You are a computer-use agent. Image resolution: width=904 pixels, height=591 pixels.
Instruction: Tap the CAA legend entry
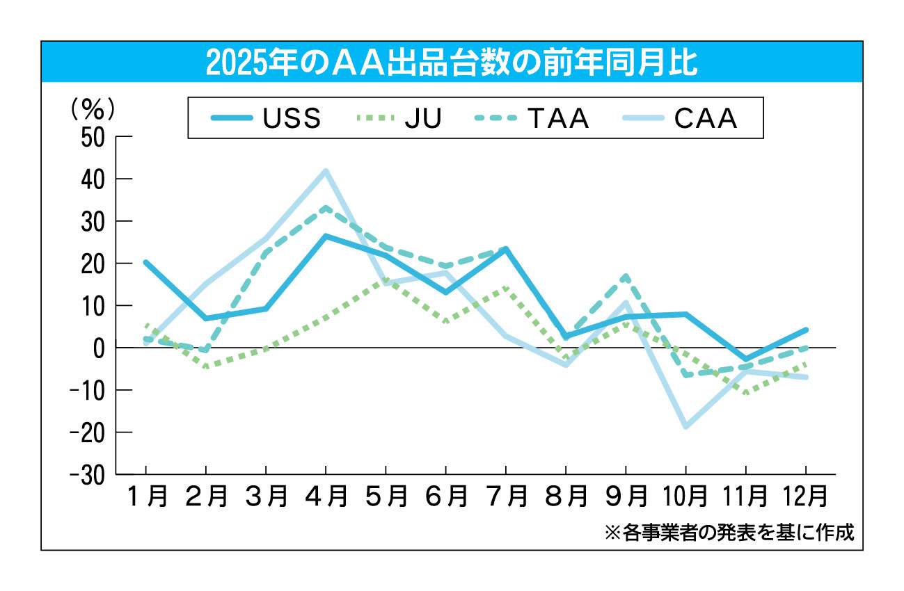[x=679, y=119]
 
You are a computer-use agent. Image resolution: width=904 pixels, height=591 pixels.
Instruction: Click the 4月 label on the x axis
[x=326, y=496]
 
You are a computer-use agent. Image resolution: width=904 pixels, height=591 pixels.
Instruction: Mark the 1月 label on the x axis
[x=146, y=496]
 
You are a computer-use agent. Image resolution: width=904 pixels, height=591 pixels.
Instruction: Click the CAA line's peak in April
[x=326, y=170]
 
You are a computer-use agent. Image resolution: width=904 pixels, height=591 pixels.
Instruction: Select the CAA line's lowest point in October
[x=685, y=427]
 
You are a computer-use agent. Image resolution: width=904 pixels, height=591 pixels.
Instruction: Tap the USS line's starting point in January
[x=145, y=262]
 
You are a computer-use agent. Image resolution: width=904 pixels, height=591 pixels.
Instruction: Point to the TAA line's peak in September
[x=626, y=276]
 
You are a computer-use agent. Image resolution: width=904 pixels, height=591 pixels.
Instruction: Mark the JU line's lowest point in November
[x=746, y=394]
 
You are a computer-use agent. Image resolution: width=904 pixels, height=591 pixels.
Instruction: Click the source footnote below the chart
[x=729, y=533]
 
